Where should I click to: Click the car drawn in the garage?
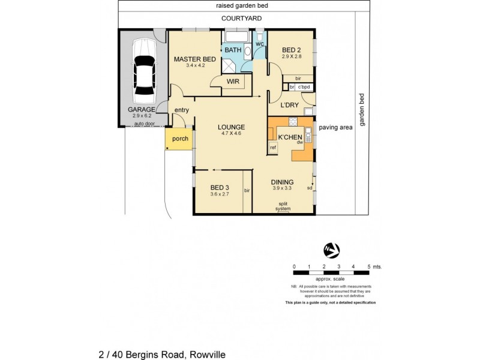pyautogui.click(x=144, y=71)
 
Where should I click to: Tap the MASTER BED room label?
pyautogui.click(x=195, y=59)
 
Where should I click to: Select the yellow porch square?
pyautogui.click(x=179, y=139)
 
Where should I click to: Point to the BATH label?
pyautogui.click(x=233, y=50)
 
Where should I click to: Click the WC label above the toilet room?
pyautogui.click(x=260, y=44)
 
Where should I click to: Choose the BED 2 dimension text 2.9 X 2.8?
pyautogui.click(x=293, y=56)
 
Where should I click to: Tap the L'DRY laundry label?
pyautogui.click(x=290, y=105)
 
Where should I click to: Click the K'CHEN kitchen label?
pyautogui.click(x=289, y=137)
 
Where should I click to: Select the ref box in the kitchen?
pyautogui.click(x=272, y=147)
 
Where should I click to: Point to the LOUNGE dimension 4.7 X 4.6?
pyautogui.click(x=231, y=133)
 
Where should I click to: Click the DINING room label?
pyautogui.click(x=281, y=182)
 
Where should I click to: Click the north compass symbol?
pyautogui.click(x=331, y=248)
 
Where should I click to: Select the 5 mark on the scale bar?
pyautogui.click(x=368, y=266)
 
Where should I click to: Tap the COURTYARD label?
pyautogui.click(x=241, y=19)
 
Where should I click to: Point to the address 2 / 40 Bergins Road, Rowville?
pyautogui.click(x=162, y=354)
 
